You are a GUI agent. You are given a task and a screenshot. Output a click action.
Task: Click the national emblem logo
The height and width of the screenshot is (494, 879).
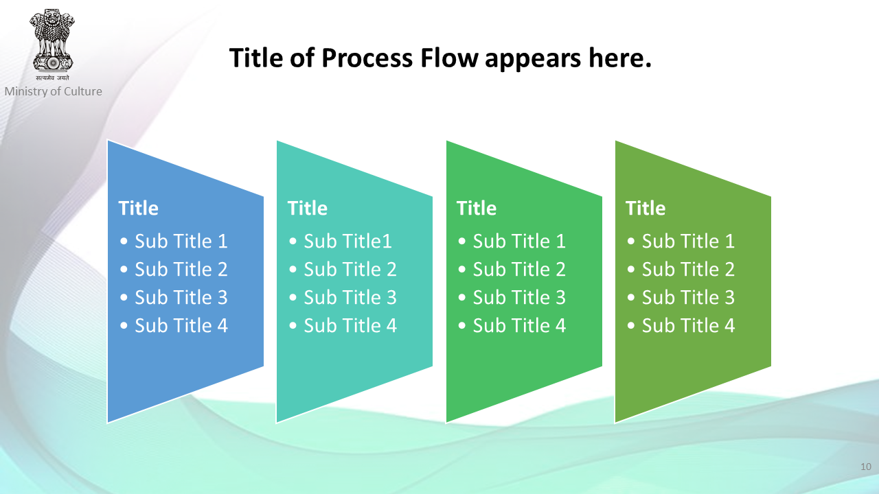tap(52, 40)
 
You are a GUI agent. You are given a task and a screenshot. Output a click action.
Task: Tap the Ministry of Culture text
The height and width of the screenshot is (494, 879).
tap(53, 91)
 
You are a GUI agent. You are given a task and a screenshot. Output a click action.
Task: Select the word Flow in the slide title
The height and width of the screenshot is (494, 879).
tap(449, 58)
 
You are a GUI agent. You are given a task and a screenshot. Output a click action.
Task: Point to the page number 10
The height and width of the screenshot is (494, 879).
tap(866, 467)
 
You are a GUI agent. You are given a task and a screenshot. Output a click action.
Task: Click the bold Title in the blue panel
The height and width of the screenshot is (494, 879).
tap(138, 208)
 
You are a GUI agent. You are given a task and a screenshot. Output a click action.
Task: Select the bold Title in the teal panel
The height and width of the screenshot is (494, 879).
tap(307, 208)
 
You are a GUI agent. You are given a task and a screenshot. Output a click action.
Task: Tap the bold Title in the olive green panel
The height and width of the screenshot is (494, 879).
tap(645, 208)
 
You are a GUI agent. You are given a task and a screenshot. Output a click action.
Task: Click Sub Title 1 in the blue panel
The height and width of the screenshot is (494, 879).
tap(181, 241)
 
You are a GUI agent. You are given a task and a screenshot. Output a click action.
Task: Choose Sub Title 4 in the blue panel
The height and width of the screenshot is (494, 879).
tap(181, 325)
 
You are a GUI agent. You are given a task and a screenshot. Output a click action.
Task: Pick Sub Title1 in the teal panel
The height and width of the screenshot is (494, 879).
tap(347, 241)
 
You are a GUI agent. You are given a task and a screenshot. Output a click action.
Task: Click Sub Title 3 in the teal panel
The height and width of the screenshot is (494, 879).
tap(350, 297)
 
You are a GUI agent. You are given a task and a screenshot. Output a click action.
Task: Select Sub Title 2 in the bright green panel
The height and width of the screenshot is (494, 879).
tap(519, 269)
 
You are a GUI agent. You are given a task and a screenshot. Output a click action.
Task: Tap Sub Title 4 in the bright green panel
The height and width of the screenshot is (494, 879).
tap(519, 325)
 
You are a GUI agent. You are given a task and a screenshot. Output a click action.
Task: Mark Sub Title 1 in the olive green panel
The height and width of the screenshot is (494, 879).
tap(688, 241)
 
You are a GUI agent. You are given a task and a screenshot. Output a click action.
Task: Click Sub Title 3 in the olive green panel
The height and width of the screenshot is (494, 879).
tap(688, 297)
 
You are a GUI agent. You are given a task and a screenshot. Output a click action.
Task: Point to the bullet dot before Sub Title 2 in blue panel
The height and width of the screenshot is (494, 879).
tap(124, 270)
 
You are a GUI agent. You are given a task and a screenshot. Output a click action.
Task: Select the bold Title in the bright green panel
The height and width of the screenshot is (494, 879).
tap(477, 208)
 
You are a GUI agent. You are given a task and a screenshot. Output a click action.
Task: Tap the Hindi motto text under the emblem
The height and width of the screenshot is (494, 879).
tap(52, 78)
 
